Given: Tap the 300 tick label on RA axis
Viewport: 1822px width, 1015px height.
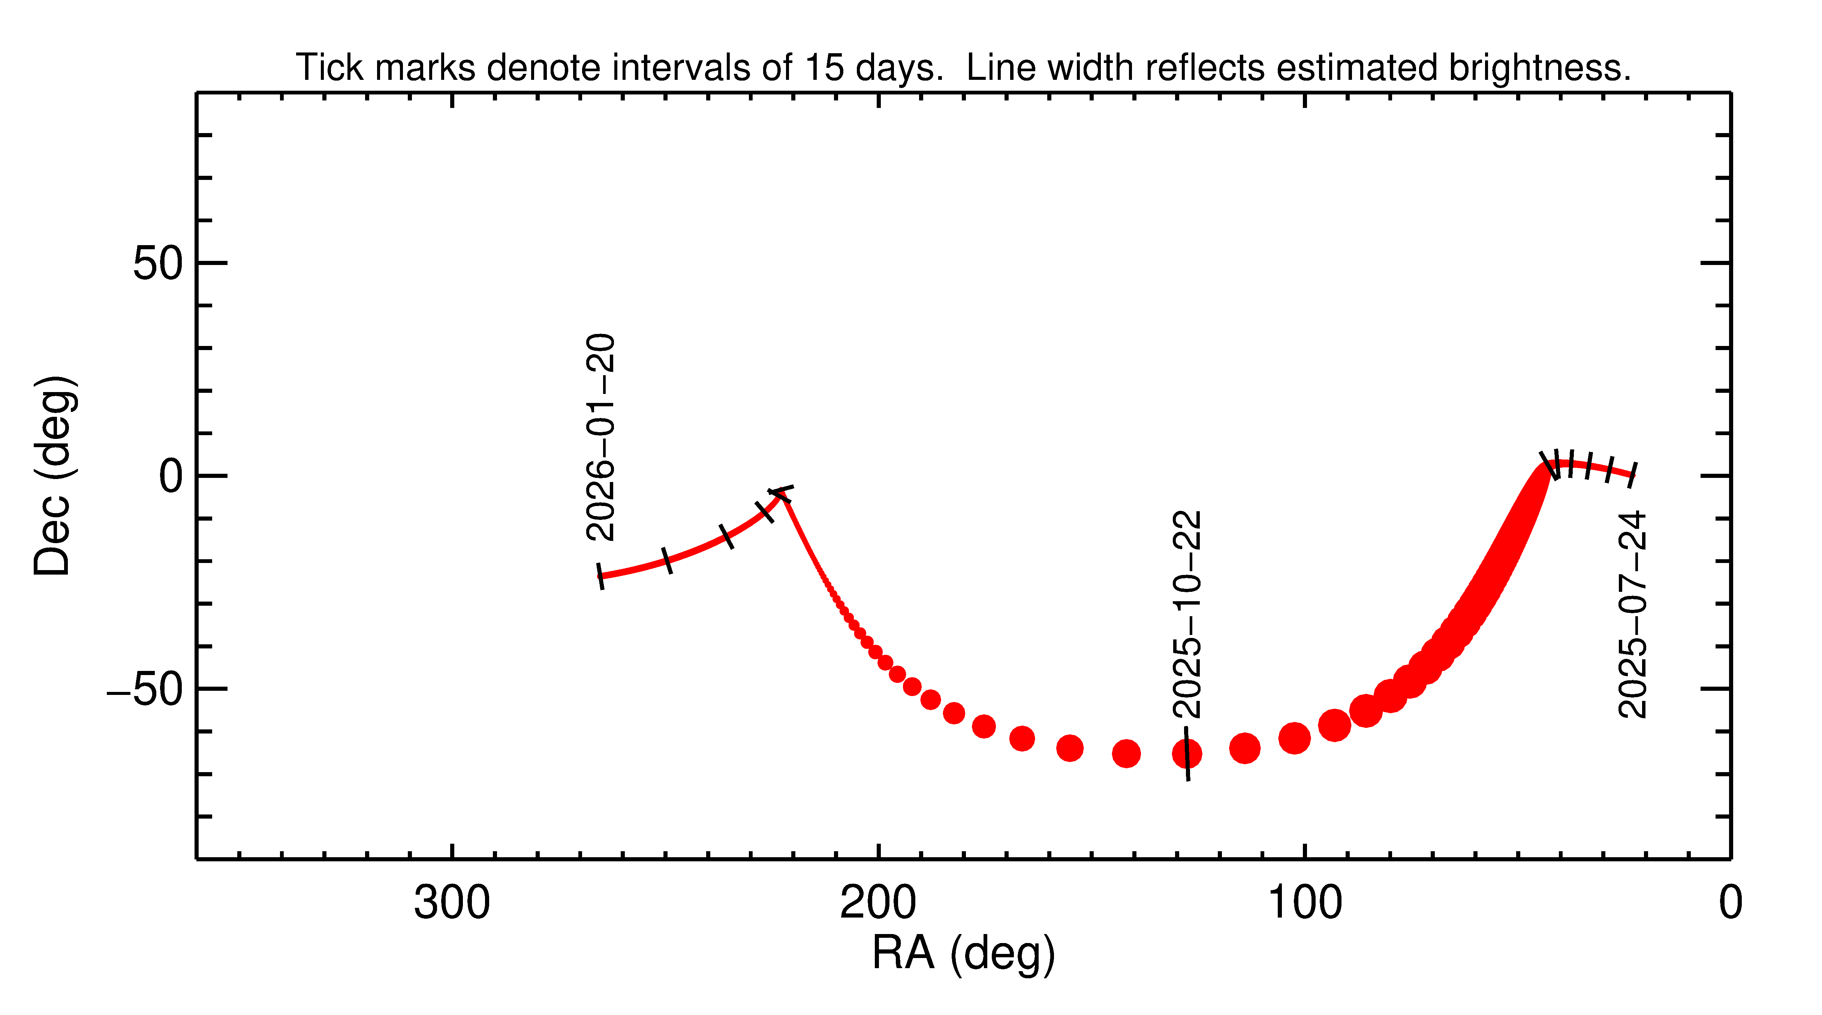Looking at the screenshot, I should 452,903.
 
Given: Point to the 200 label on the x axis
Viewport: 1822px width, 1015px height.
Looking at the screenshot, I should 878,903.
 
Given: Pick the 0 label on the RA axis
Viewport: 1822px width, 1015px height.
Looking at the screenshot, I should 1730,903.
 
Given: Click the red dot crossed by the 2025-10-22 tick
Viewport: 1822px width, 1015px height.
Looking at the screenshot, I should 1187,753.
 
